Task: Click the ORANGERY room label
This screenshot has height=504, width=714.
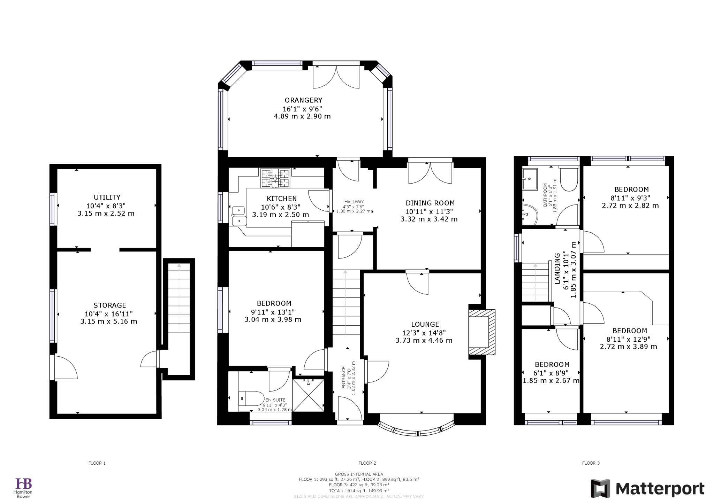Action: point(303,100)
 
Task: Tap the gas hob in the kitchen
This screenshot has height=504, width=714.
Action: point(275,178)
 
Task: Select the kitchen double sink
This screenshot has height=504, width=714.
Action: point(239,216)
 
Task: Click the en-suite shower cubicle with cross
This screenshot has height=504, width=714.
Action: point(308,395)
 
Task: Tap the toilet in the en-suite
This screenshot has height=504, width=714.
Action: point(251,398)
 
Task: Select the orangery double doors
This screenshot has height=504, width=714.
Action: point(336,77)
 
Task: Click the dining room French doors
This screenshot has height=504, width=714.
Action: point(430,172)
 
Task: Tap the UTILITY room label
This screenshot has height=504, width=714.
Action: point(107,197)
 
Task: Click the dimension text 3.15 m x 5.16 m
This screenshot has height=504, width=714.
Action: point(109,321)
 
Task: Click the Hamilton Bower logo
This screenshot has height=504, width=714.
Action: point(23,488)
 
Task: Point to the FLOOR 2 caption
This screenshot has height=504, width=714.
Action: point(367,463)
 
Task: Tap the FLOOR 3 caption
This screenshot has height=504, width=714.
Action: point(591,463)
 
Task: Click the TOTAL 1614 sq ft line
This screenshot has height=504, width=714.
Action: point(359,490)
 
